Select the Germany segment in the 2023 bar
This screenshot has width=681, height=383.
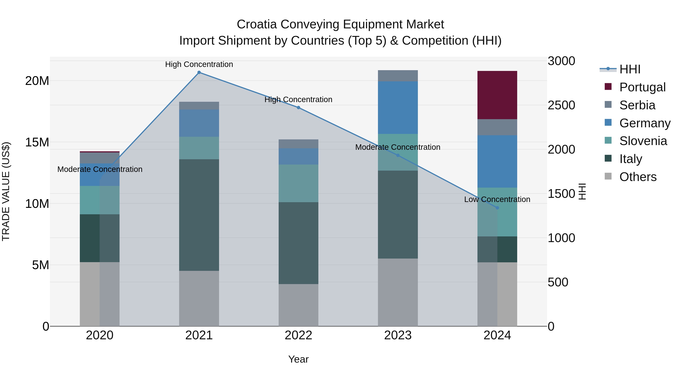pos(398,108)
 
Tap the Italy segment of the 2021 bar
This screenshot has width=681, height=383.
pos(199,215)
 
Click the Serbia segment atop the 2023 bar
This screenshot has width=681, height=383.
pos(398,76)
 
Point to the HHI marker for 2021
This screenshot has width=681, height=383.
pos(199,72)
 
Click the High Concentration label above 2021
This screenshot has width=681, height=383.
pos(199,64)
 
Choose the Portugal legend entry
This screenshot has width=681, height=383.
pos(642,87)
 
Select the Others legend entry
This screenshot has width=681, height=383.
pos(638,177)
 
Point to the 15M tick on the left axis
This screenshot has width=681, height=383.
pos(37,142)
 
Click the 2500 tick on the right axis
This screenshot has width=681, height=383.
pos(561,105)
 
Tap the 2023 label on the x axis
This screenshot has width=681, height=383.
pos(398,335)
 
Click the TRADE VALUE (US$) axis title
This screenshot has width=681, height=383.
pos(6,191)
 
